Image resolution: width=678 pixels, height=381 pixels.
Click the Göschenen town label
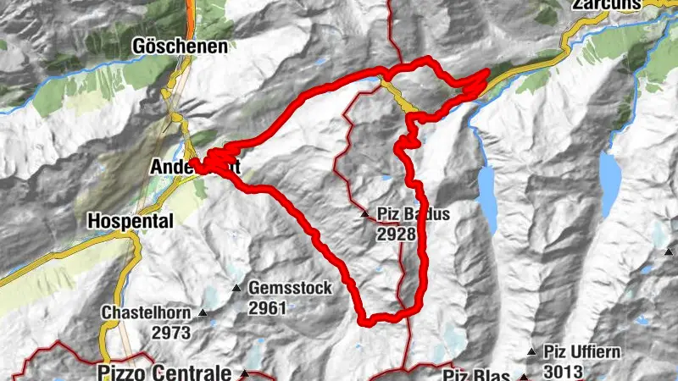pos(181,47)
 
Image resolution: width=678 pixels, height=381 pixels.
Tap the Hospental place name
pos(130,221)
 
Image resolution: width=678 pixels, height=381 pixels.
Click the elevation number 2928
pos(397,232)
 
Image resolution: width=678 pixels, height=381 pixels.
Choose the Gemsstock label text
pos(290,289)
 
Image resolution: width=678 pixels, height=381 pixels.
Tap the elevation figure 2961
pos(268,309)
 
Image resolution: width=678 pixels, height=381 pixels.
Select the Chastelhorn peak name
pos(147,312)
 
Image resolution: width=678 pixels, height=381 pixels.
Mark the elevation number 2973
pos(171,333)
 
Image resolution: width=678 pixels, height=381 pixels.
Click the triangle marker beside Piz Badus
pos(365,214)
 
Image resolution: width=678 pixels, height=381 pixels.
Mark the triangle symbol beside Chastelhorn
pos(203,313)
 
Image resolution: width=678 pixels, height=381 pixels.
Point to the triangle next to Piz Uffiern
pos(531,351)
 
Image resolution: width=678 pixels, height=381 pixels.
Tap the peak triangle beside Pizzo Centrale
pos(244,373)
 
